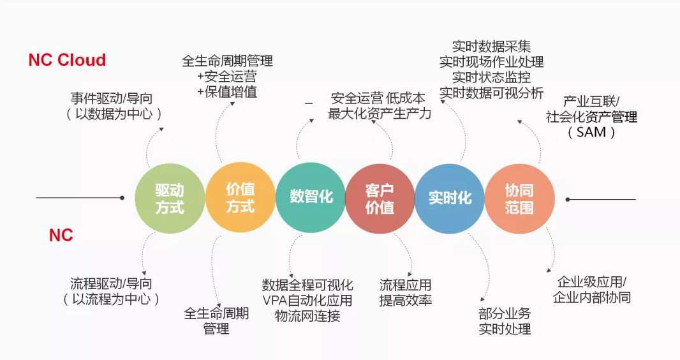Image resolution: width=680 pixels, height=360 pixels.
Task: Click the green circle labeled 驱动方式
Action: [x=170, y=199]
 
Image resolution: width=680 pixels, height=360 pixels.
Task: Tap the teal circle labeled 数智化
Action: [x=311, y=197]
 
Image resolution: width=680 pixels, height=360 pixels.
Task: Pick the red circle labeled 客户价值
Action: [x=380, y=199]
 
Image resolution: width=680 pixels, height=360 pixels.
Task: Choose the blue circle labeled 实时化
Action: [x=450, y=199]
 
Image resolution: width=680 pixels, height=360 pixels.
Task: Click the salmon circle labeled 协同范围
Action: [x=519, y=199]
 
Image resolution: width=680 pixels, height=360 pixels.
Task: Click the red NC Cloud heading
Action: [x=67, y=60]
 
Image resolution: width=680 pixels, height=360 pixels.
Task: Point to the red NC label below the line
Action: [x=61, y=235]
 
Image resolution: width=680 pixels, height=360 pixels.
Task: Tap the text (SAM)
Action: [x=591, y=132]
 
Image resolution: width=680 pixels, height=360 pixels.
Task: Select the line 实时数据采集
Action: [x=491, y=47]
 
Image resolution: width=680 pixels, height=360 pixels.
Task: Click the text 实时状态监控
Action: [x=491, y=77]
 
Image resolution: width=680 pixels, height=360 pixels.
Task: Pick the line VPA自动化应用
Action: [x=307, y=300]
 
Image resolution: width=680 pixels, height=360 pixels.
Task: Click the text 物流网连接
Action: [x=307, y=316]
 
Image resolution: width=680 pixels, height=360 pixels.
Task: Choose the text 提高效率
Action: [x=406, y=300]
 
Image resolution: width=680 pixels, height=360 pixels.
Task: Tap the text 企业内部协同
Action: [x=591, y=297]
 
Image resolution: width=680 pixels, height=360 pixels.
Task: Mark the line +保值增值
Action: [x=227, y=92]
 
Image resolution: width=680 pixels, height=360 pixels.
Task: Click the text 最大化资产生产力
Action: [x=380, y=114]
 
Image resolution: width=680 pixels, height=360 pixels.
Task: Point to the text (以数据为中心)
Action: [x=114, y=114]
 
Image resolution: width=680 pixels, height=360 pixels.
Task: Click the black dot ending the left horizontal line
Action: [x=122, y=198]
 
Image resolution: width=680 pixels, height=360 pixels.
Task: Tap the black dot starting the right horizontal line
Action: [x=568, y=200]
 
